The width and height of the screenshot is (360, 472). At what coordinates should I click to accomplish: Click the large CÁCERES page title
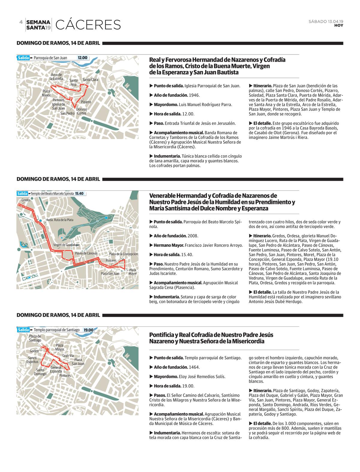pos(88,25)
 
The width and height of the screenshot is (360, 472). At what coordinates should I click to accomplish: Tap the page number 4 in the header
pos(21,22)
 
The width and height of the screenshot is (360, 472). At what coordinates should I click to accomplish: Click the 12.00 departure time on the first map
pos(82,58)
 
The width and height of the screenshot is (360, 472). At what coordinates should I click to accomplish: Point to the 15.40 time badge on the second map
pos(79,194)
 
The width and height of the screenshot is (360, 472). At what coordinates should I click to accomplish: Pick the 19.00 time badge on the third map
pos(88,330)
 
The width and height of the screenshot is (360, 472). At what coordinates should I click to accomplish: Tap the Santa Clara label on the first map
pos(90,80)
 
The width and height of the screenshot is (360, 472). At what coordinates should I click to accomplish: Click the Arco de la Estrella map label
pos(56,77)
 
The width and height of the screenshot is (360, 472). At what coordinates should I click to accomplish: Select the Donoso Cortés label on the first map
pos(82,111)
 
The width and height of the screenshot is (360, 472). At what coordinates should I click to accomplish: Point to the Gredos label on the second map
pos(26,200)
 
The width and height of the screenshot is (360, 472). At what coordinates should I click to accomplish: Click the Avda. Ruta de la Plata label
pos(59,220)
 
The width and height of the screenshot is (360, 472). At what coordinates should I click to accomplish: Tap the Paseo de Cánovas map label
pos(86,253)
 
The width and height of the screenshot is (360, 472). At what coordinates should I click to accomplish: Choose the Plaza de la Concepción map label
pos(123,254)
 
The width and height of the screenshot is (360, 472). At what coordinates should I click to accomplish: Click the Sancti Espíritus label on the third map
pos(32,360)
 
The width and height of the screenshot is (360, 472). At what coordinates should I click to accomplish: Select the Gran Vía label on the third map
pos(68,355)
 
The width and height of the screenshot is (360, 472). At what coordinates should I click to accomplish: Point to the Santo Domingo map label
pos(40,372)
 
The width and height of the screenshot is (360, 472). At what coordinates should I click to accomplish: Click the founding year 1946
pos(194,95)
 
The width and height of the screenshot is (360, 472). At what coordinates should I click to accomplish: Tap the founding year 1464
pos(194,367)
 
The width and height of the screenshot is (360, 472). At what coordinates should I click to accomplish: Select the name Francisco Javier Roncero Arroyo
pos(214,245)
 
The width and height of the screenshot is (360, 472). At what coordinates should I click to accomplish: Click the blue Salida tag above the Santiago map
pos(23,330)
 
